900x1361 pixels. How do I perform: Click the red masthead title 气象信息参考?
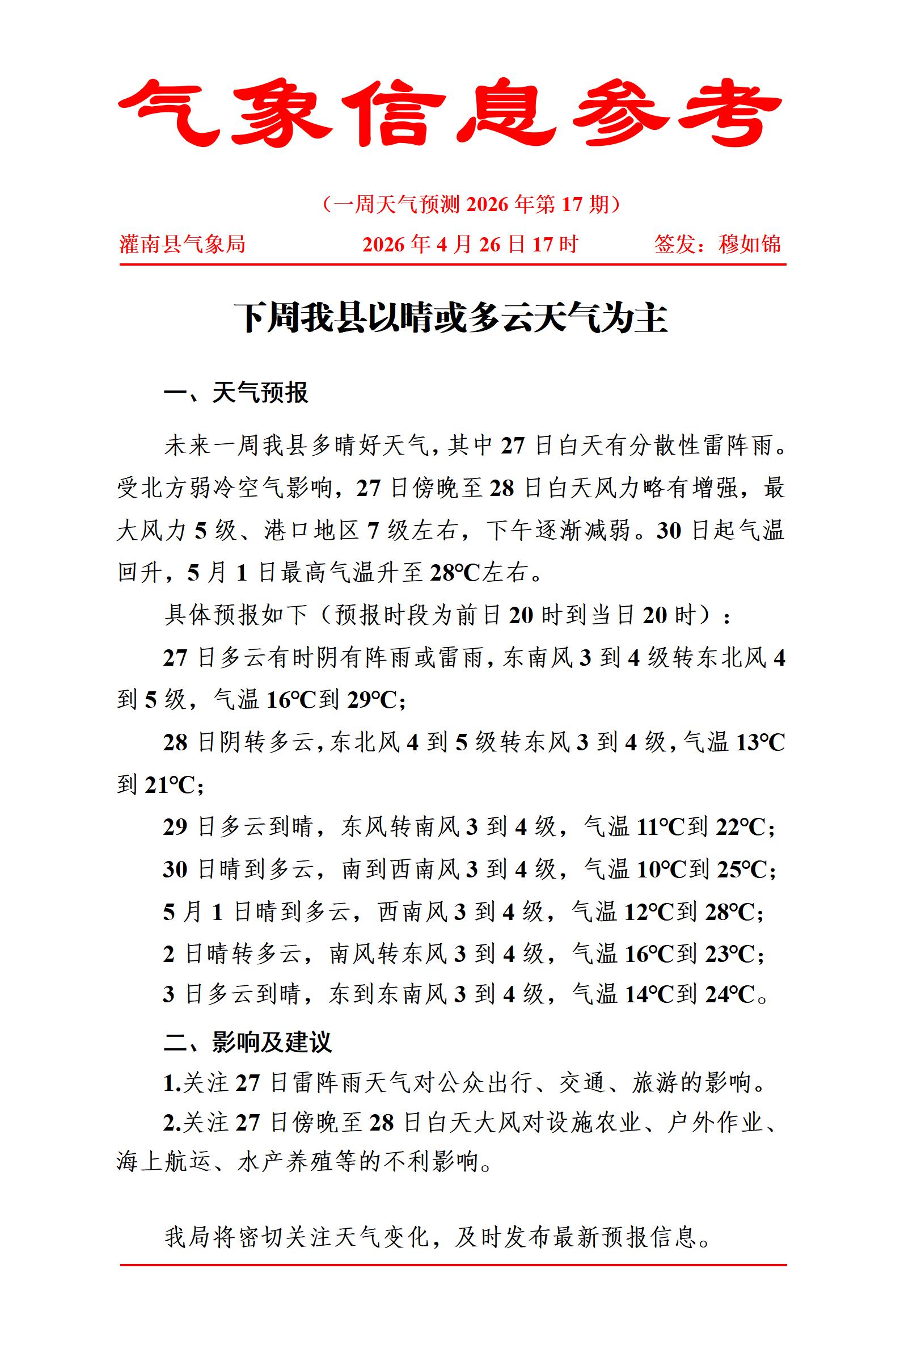tap(450, 112)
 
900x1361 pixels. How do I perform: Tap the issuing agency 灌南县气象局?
tap(182, 244)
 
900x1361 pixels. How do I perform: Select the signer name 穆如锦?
tap(750, 244)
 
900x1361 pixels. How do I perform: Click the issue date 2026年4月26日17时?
tap(470, 244)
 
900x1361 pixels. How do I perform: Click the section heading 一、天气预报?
tap(236, 393)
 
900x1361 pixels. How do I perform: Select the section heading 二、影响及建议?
tap(247, 1041)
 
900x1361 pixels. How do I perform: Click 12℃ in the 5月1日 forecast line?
tap(649, 913)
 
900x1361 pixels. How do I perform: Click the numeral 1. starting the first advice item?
tap(172, 1083)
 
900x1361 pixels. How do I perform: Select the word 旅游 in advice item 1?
tap(656, 1083)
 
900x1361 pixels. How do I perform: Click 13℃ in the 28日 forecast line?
tap(759, 742)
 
